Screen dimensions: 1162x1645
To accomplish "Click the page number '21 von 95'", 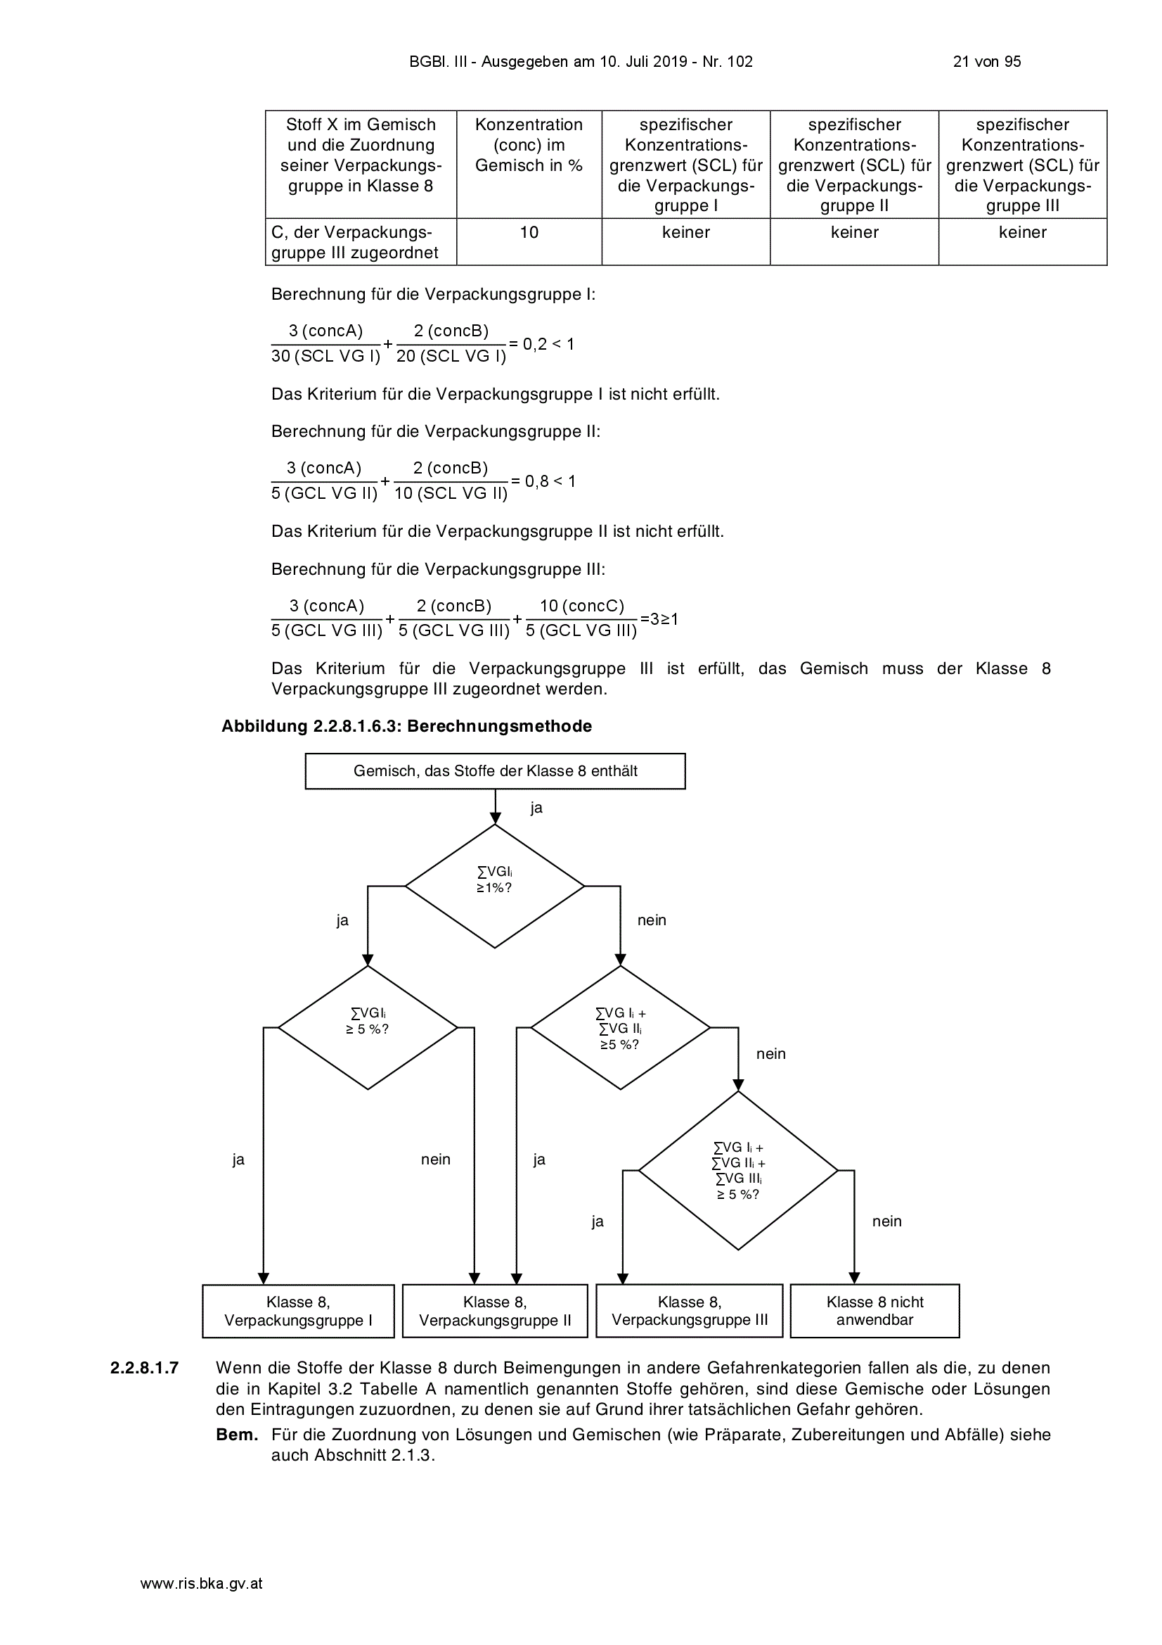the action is coord(986,62).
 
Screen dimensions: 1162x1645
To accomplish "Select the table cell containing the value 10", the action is coord(529,241).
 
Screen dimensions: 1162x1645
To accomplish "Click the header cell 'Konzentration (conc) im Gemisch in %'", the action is coord(529,164).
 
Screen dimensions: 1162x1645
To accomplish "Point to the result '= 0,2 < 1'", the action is coord(542,344).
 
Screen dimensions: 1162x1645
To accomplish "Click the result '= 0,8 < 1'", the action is coord(543,481).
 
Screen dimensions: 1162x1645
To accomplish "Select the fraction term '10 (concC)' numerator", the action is coord(581,606).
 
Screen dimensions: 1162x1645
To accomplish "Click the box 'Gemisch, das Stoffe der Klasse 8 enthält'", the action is coord(496,771).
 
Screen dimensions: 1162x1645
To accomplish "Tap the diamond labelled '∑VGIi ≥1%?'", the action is coord(495,887).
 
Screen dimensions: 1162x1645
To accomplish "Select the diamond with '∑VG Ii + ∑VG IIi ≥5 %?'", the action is coord(621,1027).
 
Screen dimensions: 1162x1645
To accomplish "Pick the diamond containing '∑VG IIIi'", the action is coord(738,1171).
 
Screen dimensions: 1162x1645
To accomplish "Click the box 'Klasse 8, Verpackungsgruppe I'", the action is coord(299,1311).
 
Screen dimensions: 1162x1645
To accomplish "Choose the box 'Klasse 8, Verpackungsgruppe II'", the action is coord(495,1311).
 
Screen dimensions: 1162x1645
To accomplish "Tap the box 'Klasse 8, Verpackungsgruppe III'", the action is coord(690,1311).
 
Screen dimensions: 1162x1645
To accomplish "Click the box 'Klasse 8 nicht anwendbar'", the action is coord(875,1311).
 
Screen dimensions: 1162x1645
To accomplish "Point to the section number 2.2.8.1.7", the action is coord(145,1368).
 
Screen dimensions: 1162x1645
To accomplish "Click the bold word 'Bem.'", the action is coord(237,1435).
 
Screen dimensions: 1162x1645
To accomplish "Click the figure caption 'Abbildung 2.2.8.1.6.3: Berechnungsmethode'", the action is coord(406,726).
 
